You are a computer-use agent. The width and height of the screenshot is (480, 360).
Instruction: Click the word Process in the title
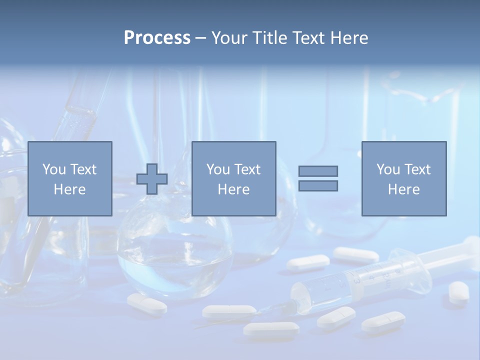click(x=157, y=38)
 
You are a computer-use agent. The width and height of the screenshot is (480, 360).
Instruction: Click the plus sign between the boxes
click(x=152, y=179)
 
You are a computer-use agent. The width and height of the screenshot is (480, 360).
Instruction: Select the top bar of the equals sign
click(x=318, y=171)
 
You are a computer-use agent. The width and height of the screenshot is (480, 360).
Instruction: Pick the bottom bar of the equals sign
click(x=318, y=185)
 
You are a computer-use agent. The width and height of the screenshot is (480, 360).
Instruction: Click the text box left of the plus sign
click(x=69, y=178)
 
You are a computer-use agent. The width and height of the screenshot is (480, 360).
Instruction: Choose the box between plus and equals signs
click(x=233, y=178)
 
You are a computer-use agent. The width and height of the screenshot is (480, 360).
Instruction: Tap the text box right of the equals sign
click(x=403, y=178)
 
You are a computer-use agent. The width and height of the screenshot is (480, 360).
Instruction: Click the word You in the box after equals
click(x=387, y=169)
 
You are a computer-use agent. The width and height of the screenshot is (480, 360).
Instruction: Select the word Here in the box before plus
click(x=69, y=189)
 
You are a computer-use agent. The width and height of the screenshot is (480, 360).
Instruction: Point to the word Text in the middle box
click(x=247, y=169)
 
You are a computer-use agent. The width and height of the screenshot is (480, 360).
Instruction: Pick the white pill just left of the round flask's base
click(x=146, y=304)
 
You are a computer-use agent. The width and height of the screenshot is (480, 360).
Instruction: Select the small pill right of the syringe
click(x=458, y=292)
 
